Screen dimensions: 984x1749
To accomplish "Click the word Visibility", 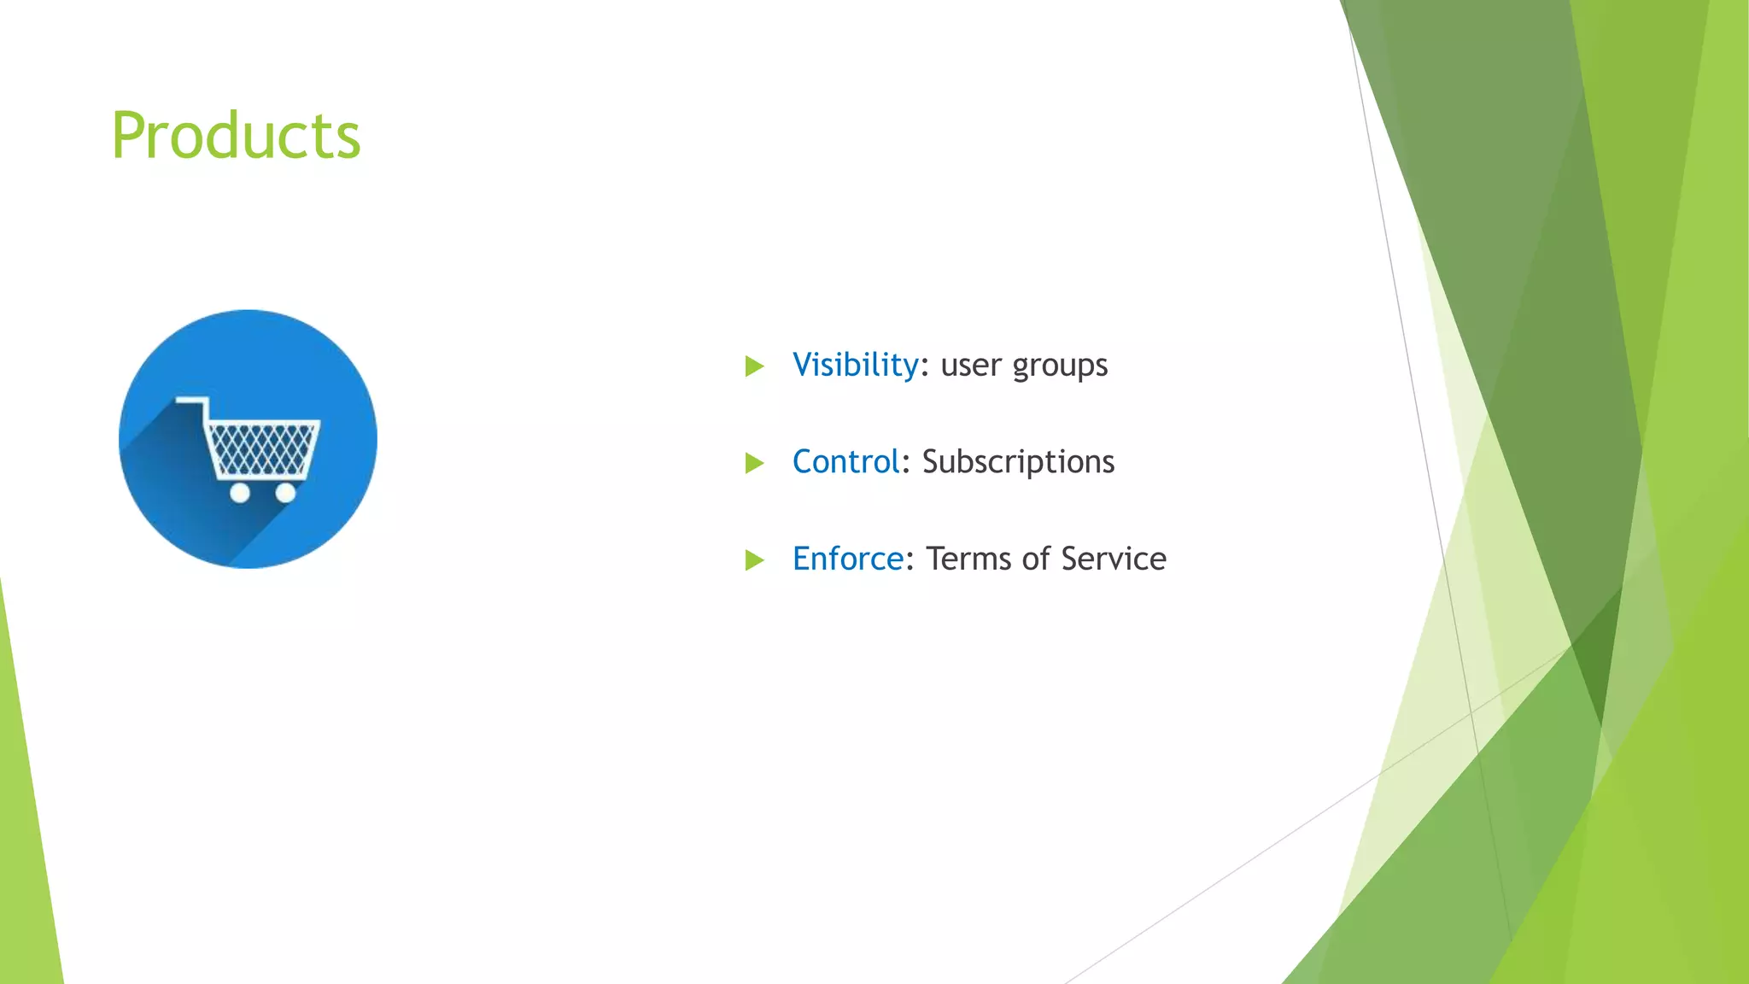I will point(855,365).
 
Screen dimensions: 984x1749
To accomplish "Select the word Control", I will point(845,462).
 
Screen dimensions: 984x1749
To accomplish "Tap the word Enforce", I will point(847,559).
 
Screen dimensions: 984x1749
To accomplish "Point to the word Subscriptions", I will point(1018,462).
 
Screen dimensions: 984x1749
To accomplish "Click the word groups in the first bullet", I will point(1060,366).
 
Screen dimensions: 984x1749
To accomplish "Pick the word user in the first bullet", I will point(971,366).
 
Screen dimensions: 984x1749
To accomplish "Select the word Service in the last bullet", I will point(1114,559).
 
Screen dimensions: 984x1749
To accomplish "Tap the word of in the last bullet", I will point(1036,559).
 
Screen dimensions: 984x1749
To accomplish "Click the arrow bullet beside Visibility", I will point(754,366).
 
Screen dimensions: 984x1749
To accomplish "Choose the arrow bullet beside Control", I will point(754,463).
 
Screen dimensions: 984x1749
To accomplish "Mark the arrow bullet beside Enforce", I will point(754,560).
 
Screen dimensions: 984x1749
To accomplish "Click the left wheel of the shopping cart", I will point(240,493).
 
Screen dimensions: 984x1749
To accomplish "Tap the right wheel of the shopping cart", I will point(286,493).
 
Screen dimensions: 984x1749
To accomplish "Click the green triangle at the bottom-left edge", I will point(26,854).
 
